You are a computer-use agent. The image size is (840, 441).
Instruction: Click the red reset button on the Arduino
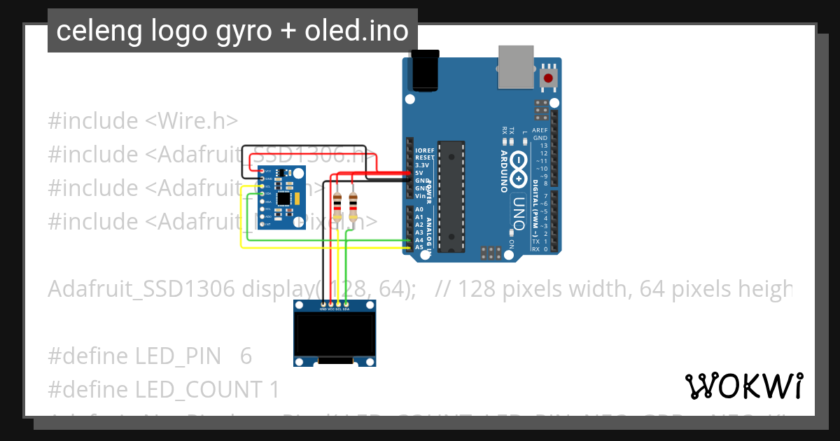pos(549,78)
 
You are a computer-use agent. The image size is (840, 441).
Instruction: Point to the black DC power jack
pos(426,71)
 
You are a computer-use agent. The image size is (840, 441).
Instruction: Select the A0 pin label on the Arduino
pos(419,209)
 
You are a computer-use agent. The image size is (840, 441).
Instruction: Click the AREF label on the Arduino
pos(540,130)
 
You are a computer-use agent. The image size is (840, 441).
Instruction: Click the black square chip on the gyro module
pos(283,198)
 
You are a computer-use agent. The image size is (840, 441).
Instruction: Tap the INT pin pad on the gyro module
pos(262,224)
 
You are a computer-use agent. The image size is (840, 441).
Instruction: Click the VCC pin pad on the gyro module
pos(262,171)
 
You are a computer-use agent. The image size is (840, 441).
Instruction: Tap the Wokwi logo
pos(743,386)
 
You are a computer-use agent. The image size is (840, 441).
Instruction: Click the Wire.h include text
pos(191,120)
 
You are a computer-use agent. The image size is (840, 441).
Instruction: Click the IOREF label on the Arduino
pos(425,150)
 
